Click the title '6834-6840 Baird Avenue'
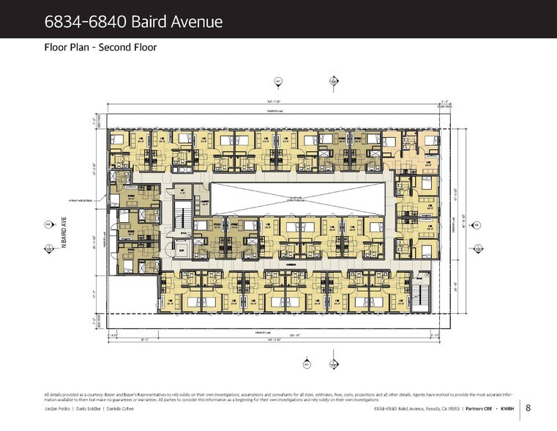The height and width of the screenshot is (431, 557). point(134,21)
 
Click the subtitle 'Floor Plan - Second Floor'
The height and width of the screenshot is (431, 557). point(100,48)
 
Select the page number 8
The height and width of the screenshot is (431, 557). point(528,408)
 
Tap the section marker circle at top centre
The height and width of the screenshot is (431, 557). point(277,81)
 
